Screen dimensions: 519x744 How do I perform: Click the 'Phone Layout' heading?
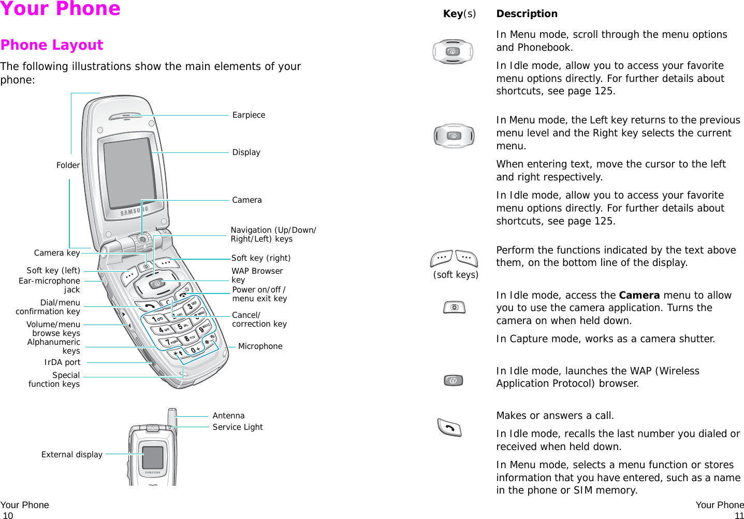tap(52, 45)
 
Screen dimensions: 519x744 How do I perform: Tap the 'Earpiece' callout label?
tap(249, 115)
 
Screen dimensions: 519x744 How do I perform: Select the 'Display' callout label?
tap(246, 152)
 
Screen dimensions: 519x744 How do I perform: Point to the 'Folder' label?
tap(68, 165)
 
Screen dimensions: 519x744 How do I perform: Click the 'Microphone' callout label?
tap(260, 346)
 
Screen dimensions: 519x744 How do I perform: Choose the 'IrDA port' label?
tap(62, 362)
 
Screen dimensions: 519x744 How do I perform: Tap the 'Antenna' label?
tap(228, 416)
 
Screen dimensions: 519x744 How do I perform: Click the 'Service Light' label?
tap(238, 427)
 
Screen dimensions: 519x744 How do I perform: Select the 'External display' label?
tap(72, 455)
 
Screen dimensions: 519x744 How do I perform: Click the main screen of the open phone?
tap(130, 174)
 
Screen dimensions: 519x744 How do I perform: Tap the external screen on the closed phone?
tap(153, 457)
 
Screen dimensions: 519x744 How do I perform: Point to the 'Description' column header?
tap(527, 14)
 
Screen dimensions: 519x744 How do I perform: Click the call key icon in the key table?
tap(449, 428)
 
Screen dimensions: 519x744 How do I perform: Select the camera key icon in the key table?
tap(454, 307)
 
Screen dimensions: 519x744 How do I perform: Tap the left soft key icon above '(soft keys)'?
tap(441, 258)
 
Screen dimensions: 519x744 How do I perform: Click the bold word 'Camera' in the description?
tap(639, 296)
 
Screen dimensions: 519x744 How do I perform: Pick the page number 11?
tap(739, 515)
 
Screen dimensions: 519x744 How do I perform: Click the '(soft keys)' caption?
tap(456, 275)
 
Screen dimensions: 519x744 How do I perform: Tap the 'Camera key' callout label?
tap(57, 253)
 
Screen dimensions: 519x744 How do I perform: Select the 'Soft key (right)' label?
tap(261, 258)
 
